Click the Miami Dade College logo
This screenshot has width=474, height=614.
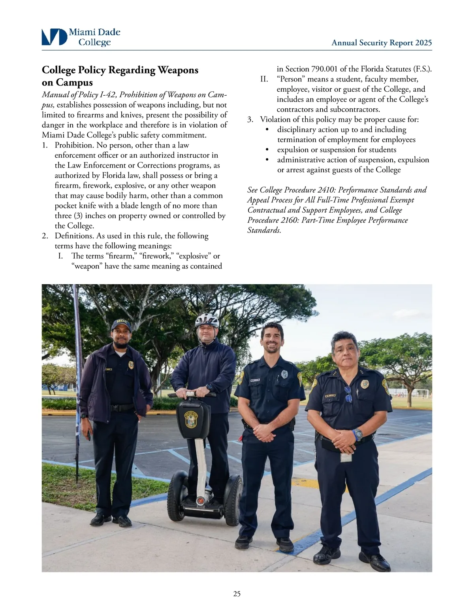[81, 37]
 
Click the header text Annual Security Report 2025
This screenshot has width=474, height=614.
[382, 43]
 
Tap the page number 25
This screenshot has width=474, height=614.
[237, 593]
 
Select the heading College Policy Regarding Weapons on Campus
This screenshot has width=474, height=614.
[120, 76]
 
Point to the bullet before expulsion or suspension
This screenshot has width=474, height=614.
[267, 150]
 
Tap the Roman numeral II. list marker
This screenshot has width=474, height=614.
[264, 79]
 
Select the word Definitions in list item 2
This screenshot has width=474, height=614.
[73, 236]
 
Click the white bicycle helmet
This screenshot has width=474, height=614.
[207, 320]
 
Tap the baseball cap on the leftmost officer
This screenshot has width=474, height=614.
[120, 325]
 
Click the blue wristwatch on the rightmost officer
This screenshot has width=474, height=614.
[358, 434]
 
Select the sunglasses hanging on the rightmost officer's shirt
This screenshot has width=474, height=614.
[348, 394]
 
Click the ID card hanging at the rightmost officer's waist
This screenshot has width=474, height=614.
[346, 457]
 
